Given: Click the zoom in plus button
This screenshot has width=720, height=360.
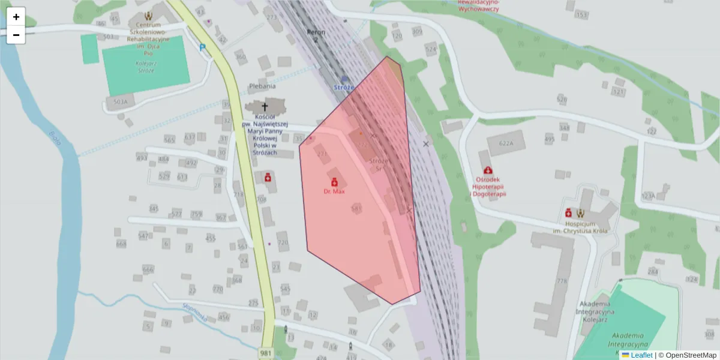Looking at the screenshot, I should point(16,17).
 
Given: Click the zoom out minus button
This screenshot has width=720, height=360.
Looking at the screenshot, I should point(16,35).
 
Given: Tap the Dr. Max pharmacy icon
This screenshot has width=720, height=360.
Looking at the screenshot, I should point(334,182).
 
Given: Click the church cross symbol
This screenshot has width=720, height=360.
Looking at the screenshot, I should point(265,107).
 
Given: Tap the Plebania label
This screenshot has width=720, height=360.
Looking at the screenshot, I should point(262,86).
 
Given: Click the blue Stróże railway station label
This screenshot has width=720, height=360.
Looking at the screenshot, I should point(344,87).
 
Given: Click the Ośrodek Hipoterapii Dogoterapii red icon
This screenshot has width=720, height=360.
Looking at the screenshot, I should point(488,171).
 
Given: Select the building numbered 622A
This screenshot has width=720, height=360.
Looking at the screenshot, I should point(500,144).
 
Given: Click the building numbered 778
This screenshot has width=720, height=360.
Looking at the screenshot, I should point(562,281).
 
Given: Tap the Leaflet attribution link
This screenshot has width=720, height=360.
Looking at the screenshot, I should point(641,355).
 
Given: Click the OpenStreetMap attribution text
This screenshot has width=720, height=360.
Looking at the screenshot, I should point(687,355).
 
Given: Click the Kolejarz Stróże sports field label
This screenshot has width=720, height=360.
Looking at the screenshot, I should point(146,67).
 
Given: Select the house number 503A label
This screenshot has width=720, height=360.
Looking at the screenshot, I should point(120,103).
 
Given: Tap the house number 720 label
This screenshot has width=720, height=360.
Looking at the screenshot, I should point(283,242).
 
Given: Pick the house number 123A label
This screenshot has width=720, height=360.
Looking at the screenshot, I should point(648,196).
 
